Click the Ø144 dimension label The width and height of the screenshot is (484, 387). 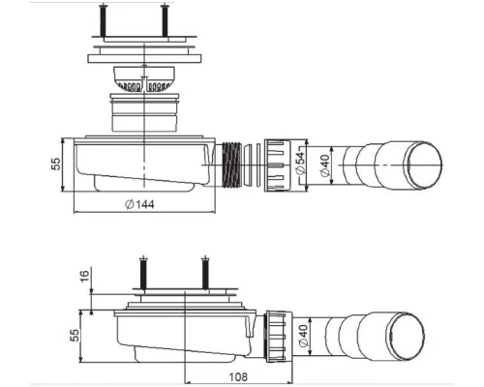coord(143,203)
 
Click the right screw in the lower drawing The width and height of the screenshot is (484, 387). coord(204,272)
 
